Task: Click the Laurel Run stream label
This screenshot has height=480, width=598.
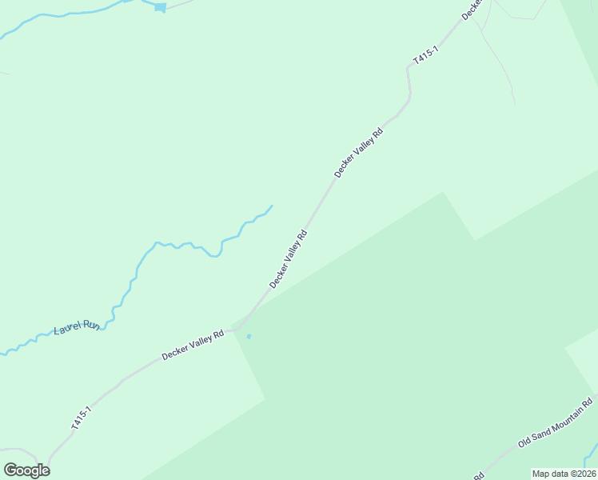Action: [77, 327]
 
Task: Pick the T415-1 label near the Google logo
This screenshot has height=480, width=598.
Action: [82, 418]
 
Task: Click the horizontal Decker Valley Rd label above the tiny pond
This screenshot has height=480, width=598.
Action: [193, 345]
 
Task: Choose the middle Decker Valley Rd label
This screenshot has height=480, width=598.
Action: [289, 259]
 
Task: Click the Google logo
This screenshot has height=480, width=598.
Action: [26, 470]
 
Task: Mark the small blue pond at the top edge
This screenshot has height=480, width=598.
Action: [161, 7]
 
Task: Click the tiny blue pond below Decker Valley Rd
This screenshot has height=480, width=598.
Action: [249, 336]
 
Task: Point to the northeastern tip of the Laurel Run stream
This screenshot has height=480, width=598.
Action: [272, 206]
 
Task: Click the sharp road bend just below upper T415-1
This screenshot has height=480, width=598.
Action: [409, 70]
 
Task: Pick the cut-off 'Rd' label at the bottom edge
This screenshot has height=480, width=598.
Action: [479, 475]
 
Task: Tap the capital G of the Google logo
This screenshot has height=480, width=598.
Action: [10, 470]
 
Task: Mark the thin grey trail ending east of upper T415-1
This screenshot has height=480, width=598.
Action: [513, 103]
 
